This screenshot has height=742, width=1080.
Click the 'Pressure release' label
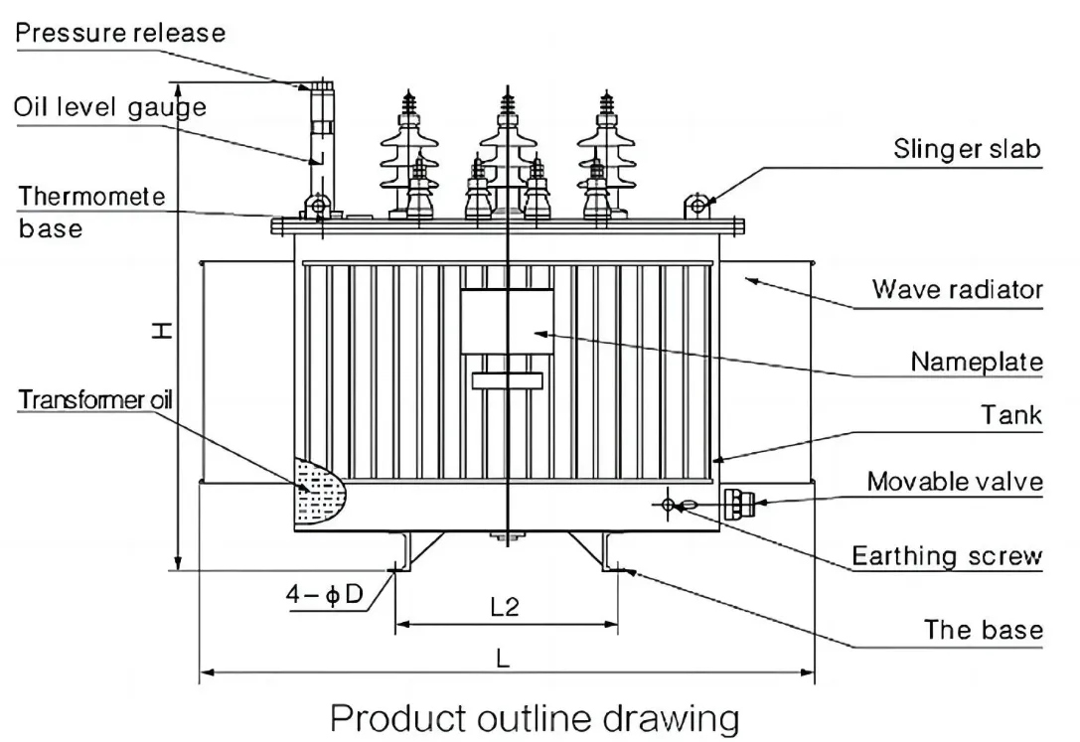point(120,33)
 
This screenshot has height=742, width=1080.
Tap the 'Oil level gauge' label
point(110,107)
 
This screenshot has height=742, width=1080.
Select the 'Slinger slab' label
point(967,149)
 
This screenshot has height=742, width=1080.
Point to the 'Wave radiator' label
point(958,289)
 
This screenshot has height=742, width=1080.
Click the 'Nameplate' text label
point(977,362)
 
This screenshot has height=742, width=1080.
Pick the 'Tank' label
point(1011,415)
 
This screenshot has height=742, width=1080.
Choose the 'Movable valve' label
point(955,482)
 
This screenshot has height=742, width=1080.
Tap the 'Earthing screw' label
point(947,556)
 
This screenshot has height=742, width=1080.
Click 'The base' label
point(983,630)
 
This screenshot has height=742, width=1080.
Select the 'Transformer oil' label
point(95,400)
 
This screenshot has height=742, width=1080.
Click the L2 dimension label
point(505,606)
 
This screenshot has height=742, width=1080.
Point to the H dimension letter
point(161,331)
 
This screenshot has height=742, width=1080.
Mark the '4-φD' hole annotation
point(325,594)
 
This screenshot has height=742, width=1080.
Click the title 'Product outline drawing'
point(536,718)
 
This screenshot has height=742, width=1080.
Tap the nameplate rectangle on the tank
point(507,322)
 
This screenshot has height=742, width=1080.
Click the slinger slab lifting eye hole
point(697,205)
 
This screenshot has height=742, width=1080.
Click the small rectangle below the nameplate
point(508,380)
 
